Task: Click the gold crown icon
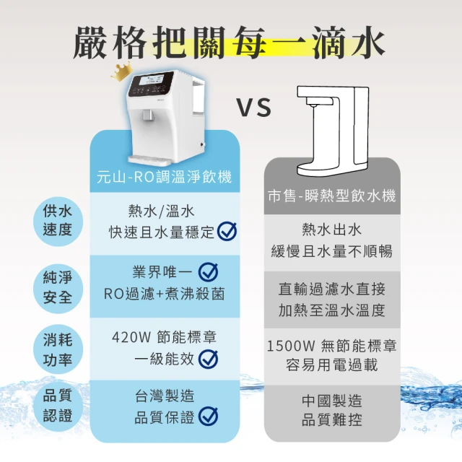(x=121, y=73)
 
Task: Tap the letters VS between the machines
(x=254, y=108)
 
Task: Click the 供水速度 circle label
(x=58, y=221)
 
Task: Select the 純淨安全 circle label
(x=58, y=288)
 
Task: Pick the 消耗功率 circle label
(x=58, y=349)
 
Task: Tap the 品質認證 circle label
(x=58, y=406)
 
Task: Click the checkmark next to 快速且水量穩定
(x=227, y=231)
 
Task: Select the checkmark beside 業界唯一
(x=208, y=272)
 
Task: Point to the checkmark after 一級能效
(x=208, y=359)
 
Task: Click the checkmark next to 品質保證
(x=208, y=417)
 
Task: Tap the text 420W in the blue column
(x=131, y=338)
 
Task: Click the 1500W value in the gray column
(x=291, y=346)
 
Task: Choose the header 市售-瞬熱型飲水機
(x=332, y=196)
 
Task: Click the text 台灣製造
(x=165, y=396)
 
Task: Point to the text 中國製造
(x=332, y=401)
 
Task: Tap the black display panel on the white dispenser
(x=150, y=84)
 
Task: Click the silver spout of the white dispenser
(x=147, y=115)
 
